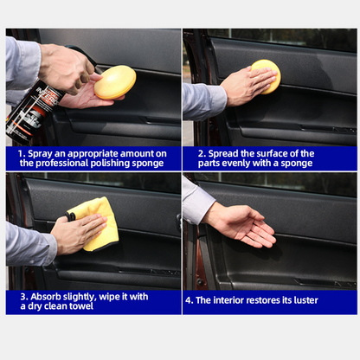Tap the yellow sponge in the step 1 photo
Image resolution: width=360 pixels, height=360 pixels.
tap(114, 82)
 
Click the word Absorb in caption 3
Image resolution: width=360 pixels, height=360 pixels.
tap(45, 296)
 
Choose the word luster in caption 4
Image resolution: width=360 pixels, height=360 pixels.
tap(299, 300)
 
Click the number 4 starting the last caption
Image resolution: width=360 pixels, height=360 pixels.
tap(190, 300)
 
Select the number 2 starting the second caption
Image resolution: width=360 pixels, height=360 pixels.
tap(190, 153)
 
